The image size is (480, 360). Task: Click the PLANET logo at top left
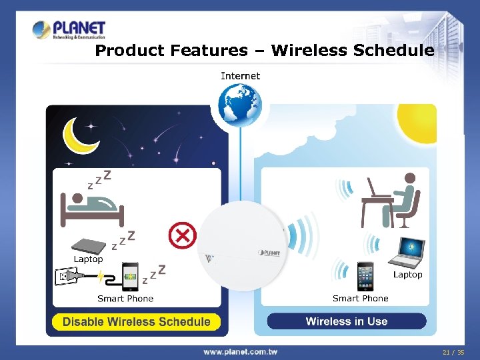click(x=69, y=30)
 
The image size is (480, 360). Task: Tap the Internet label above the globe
click(x=240, y=76)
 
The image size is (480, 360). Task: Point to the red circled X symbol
click(x=181, y=234)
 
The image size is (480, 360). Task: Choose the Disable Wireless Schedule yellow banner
click(x=137, y=322)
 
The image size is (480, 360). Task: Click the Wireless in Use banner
click(x=346, y=321)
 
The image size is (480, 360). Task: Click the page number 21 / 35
click(x=453, y=351)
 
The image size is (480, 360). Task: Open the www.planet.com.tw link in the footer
click(x=240, y=351)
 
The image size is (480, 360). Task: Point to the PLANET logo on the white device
click(x=271, y=252)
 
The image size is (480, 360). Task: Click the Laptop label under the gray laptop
click(x=88, y=259)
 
